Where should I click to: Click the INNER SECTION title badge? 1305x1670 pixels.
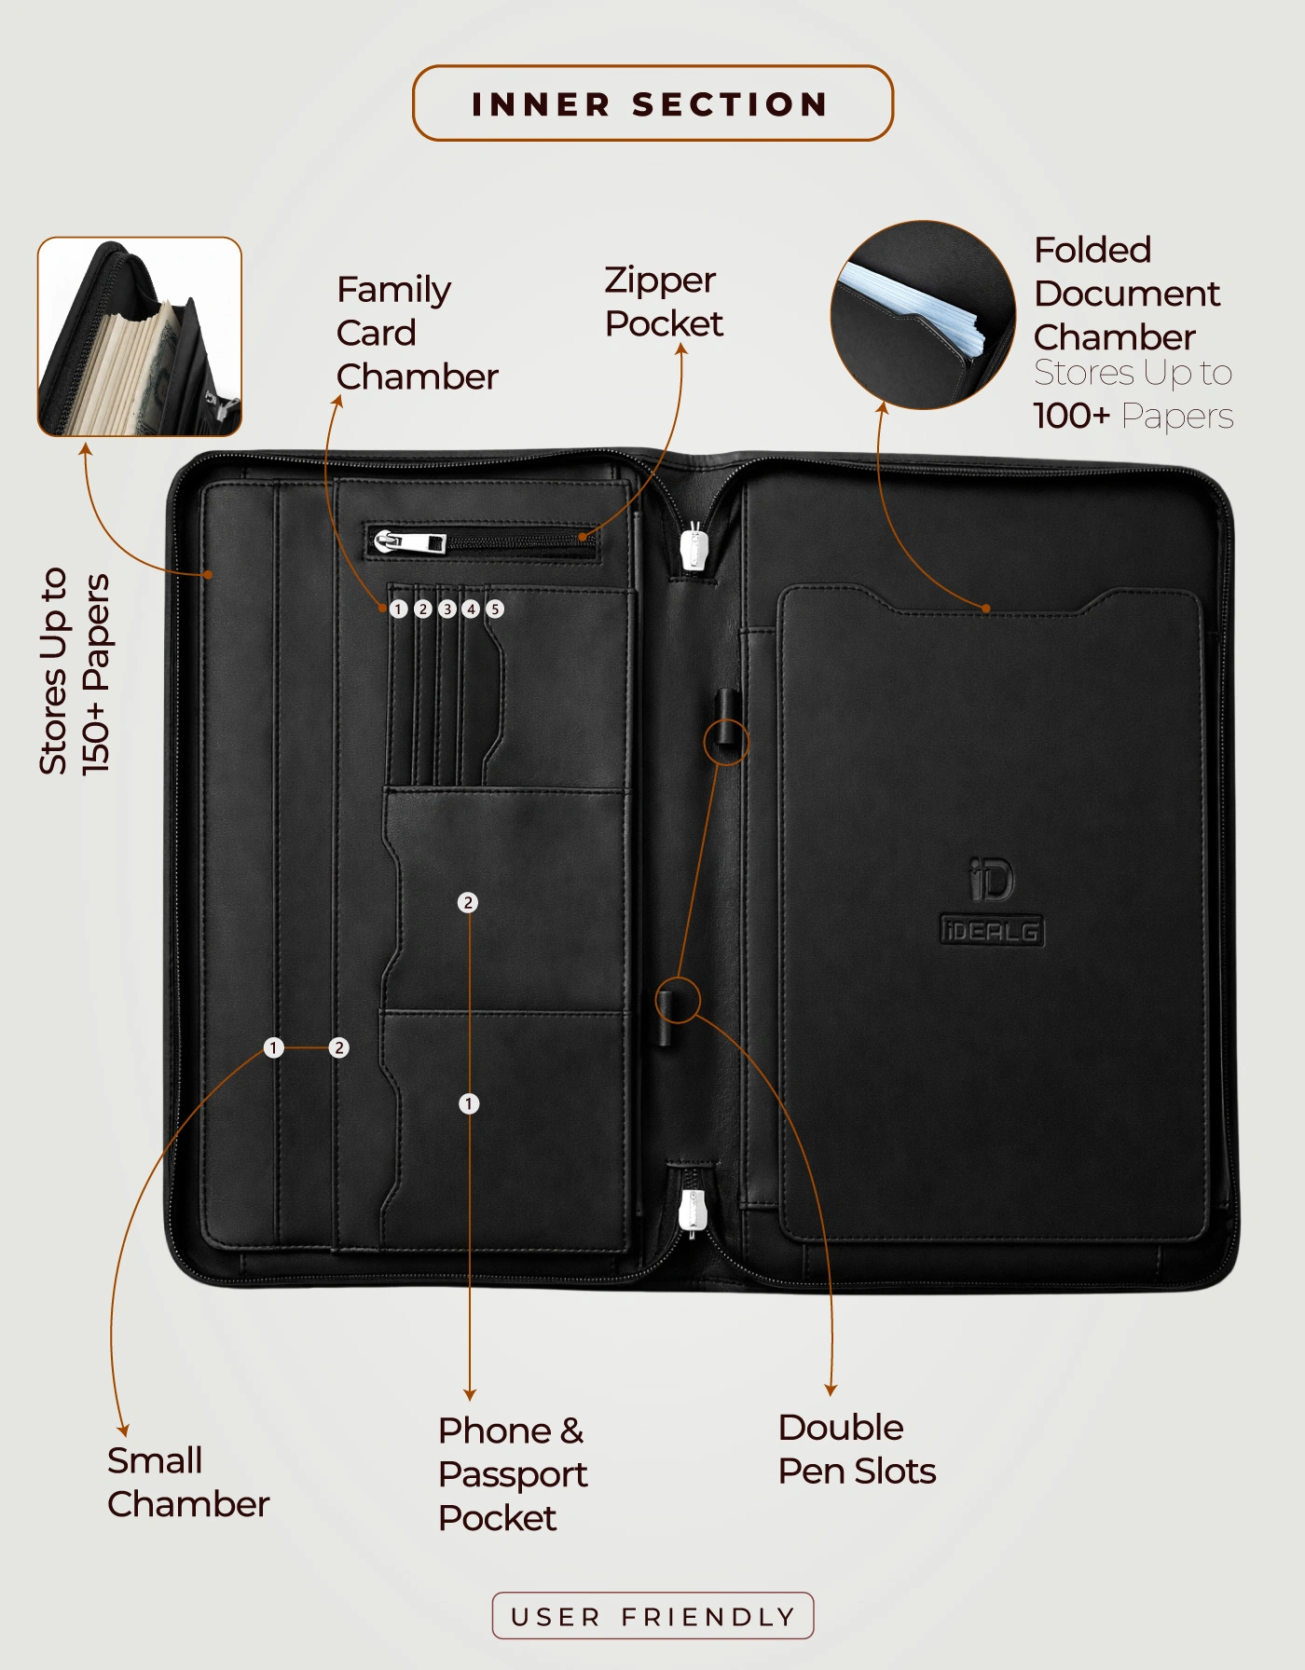pos(652,103)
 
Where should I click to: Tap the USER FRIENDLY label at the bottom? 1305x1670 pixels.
pos(652,1616)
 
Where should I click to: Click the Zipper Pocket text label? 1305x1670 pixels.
pos(664,302)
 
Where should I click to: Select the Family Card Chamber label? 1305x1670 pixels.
pos(418,333)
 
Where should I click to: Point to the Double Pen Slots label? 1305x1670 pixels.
pos(857,1449)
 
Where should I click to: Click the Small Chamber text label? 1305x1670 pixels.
pos(188,1482)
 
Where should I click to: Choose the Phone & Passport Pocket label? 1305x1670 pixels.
pos(513,1474)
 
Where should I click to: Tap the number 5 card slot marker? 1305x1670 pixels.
pos(495,609)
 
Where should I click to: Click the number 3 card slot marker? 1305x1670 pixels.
pos(447,609)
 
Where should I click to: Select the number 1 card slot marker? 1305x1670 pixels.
pos(399,609)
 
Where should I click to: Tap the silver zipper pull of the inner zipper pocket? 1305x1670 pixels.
pos(410,541)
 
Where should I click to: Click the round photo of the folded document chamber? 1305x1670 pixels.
pos(923,315)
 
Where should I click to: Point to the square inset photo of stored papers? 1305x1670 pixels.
pos(140,336)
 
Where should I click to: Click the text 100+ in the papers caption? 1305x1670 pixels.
pos(1072,416)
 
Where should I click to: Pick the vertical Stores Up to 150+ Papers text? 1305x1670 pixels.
pos(75,671)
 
